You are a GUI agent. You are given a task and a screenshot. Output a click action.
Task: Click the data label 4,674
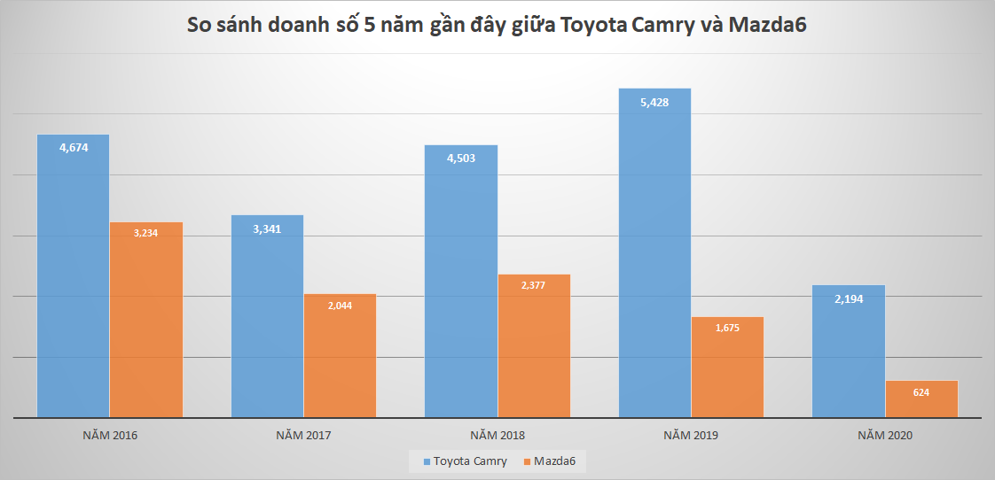pos(73,148)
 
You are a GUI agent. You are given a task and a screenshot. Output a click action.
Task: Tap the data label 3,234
pos(145,233)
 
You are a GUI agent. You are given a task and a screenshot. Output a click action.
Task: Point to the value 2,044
pos(340,305)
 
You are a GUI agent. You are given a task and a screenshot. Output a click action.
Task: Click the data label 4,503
pos(461,159)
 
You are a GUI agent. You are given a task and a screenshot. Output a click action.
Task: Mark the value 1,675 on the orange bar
pos(727,328)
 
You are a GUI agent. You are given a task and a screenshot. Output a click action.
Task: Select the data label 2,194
pos(849,298)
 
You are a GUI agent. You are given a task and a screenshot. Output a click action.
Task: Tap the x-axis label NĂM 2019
pos(691,436)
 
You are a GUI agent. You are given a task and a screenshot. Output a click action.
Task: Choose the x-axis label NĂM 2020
pos(885,436)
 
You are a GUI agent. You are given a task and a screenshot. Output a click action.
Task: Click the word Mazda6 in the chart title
pos(766,26)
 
